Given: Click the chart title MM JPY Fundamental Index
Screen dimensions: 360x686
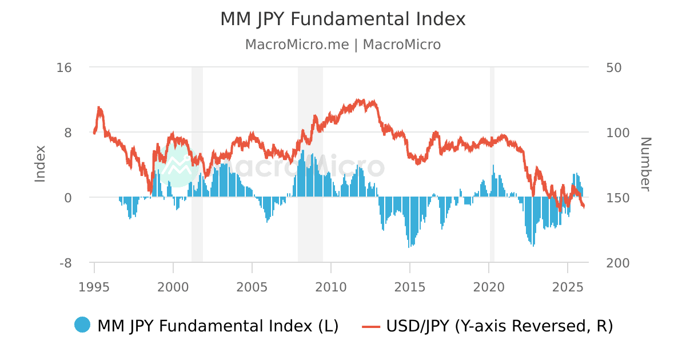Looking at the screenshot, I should (343, 19).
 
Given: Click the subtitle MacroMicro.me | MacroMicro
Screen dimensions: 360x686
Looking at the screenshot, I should (343, 45).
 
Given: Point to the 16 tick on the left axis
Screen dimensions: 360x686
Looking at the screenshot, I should (64, 67).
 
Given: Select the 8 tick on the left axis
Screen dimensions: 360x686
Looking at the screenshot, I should (67, 133).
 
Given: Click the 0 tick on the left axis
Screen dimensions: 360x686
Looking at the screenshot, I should (67, 198).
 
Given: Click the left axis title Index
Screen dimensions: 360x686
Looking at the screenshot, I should (40, 164).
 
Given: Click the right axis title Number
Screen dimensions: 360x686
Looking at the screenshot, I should (645, 164).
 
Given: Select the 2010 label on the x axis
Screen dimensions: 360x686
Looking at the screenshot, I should (331, 286).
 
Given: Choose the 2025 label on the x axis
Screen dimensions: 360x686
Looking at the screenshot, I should (568, 286).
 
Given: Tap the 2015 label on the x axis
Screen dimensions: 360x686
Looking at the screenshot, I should (410, 286).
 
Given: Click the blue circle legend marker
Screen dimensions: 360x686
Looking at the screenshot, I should (82, 325).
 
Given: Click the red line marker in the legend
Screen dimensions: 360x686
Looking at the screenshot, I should (371, 326).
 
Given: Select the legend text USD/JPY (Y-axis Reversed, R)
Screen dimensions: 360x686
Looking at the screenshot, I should (500, 326).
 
